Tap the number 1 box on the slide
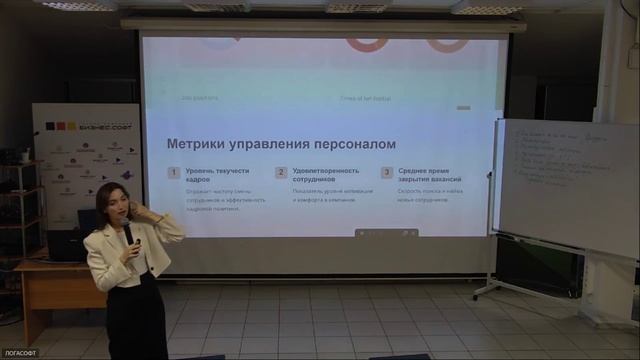[x=174, y=172]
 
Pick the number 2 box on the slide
[x=281, y=172]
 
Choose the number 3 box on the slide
[x=386, y=172]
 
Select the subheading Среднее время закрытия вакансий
[x=429, y=177]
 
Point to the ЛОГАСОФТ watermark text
[x=20, y=353]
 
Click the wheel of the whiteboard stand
[x=475, y=296]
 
